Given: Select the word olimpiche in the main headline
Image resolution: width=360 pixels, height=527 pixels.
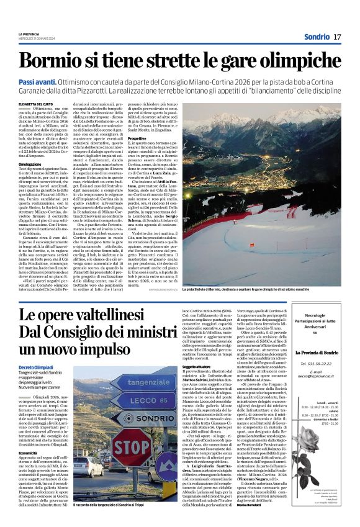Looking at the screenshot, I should (x=291, y=61).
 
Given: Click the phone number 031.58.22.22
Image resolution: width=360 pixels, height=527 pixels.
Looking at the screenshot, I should (x=319, y=363).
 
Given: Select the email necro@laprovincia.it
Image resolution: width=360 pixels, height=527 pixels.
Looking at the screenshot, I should (x=319, y=376).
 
